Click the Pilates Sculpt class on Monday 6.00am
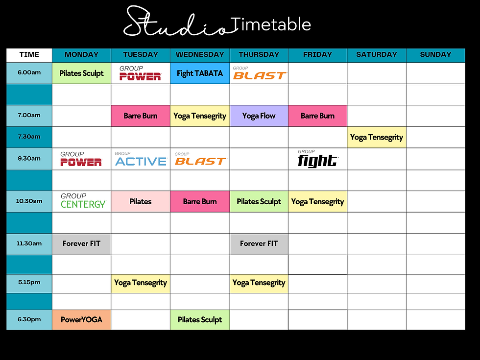click(81, 73)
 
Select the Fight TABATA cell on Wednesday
click(199, 73)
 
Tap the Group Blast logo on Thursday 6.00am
click(259, 73)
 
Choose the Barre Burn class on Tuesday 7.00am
click(141, 116)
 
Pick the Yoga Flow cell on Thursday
click(259, 116)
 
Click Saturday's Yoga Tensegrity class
click(376, 138)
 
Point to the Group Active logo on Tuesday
click(141, 160)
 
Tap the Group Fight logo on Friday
click(317, 160)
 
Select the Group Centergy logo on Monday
click(83, 201)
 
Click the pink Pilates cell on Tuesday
click(141, 201)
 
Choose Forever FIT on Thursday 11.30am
click(259, 243)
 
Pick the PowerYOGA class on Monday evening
click(81, 320)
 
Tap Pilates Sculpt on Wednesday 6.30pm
click(199, 320)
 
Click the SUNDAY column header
click(435, 55)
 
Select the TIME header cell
click(29, 55)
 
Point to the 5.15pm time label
click(29, 283)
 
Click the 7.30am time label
click(29, 137)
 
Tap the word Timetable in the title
click(270, 24)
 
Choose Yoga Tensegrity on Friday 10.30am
click(317, 201)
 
